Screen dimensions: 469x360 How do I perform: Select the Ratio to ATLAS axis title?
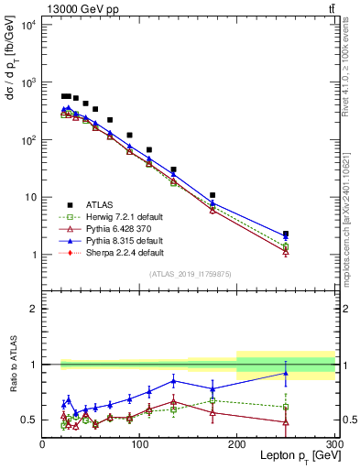[12, 364]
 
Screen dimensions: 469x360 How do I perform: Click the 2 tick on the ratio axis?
[35, 309]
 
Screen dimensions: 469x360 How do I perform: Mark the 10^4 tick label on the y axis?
[28, 25]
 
